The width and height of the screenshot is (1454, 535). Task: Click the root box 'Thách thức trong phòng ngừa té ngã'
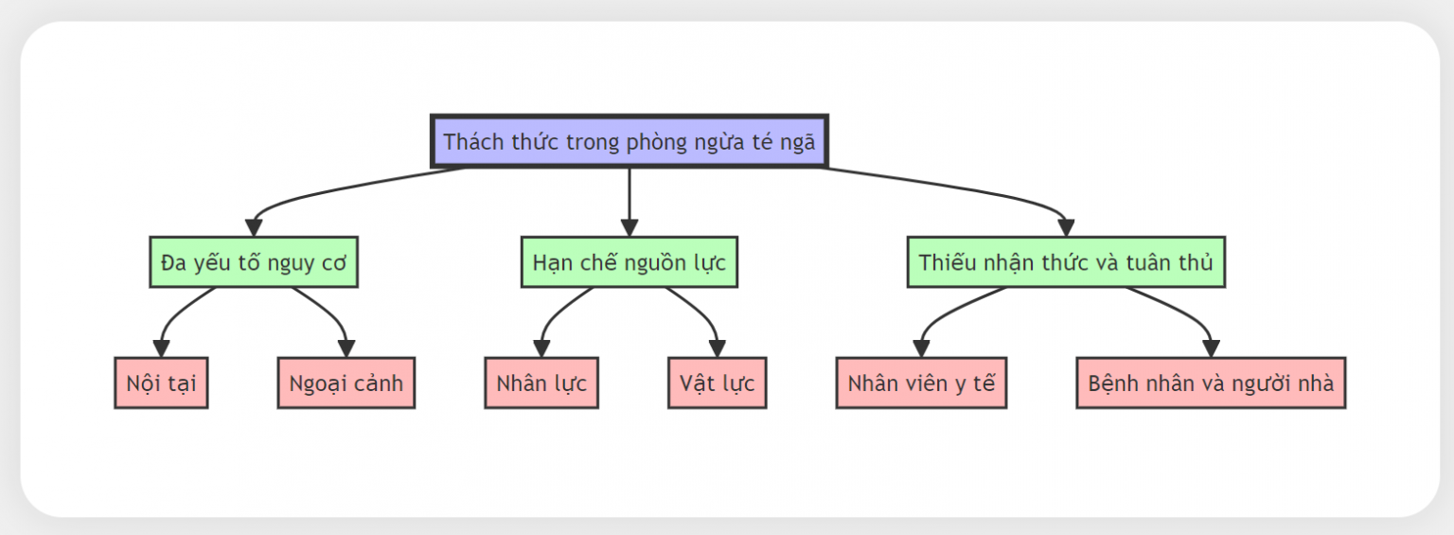tap(629, 141)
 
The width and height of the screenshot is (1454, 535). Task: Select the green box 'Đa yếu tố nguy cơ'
tap(254, 262)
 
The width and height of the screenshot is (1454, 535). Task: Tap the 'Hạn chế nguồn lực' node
tap(629, 262)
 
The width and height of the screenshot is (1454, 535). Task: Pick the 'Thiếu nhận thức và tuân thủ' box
tap(1066, 262)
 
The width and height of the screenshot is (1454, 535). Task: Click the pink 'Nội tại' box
tap(161, 383)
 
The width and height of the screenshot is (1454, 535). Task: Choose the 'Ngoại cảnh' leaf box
tap(346, 383)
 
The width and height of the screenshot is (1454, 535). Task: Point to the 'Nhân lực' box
tap(541, 383)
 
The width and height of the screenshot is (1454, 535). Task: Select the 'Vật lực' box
tap(718, 383)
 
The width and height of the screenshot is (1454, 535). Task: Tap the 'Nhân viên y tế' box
tap(921, 383)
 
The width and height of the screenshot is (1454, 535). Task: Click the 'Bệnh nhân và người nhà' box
tap(1211, 383)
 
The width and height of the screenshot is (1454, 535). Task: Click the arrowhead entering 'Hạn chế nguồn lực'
tap(629, 228)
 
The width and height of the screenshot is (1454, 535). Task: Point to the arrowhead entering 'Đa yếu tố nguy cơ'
tap(254, 228)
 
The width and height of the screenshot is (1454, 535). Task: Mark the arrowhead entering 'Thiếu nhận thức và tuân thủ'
tap(1066, 228)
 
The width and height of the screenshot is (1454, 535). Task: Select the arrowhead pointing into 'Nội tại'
tap(161, 348)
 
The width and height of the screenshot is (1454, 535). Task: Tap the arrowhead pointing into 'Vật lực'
tap(718, 348)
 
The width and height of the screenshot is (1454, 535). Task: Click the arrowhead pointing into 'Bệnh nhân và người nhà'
tap(1211, 348)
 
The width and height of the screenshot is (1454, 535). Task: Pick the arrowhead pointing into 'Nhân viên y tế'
tap(921, 348)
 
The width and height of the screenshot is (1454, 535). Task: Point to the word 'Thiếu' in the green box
tap(941, 262)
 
